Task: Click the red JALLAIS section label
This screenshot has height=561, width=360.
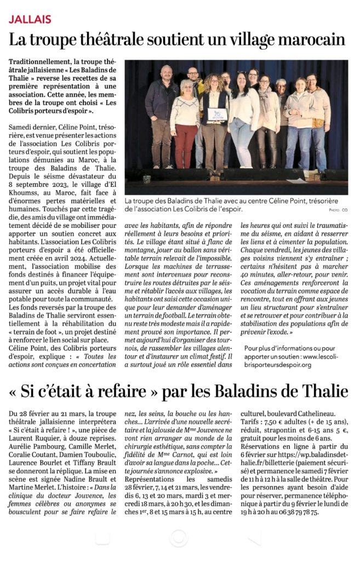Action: (x=30, y=19)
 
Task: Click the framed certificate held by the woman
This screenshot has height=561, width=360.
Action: (x=218, y=115)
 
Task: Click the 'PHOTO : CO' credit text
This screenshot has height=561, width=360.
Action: (x=338, y=209)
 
